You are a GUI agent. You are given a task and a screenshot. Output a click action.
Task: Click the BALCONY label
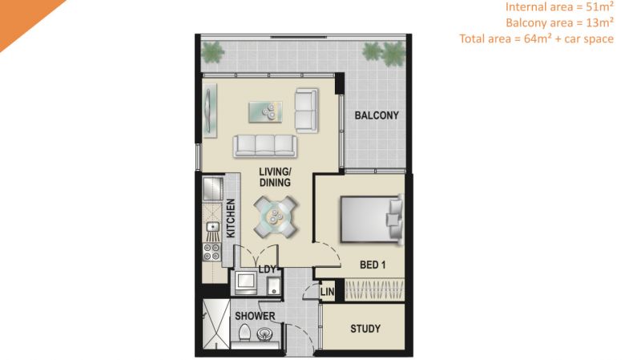click(x=377, y=115)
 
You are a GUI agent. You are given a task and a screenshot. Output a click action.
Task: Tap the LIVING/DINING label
click(x=275, y=177)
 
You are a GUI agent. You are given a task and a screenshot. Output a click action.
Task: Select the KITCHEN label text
click(x=231, y=218)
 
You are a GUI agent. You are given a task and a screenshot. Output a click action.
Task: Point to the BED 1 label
click(x=373, y=265)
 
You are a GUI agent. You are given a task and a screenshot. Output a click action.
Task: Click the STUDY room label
click(x=365, y=329)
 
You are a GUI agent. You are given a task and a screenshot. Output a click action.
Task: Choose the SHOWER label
click(x=255, y=316)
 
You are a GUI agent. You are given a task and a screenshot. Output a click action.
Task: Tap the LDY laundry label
click(x=268, y=269)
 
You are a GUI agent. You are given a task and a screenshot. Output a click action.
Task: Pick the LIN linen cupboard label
click(x=327, y=292)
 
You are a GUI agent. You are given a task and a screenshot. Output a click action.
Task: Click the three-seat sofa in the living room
click(x=265, y=146)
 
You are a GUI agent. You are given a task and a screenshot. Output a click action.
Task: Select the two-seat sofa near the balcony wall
click(x=306, y=111)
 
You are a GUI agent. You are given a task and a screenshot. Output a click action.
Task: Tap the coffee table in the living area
click(x=265, y=111)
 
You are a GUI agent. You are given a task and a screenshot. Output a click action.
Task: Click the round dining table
click(x=275, y=216)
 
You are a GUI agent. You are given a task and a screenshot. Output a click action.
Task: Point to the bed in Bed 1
click(x=371, y=220)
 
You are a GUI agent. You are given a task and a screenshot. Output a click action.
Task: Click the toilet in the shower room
click(x=244, y=332)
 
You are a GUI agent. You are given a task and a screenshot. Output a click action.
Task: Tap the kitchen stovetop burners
click(x=212, y=251)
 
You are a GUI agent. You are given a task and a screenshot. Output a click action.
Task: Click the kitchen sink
click(x=212, y=227)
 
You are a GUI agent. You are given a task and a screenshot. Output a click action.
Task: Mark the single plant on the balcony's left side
click(x=212, y=51)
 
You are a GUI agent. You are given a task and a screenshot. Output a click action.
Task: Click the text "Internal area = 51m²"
click(x=559, y=7)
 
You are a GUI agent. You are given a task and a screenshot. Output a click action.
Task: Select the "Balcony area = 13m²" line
click(x=559, y=22)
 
